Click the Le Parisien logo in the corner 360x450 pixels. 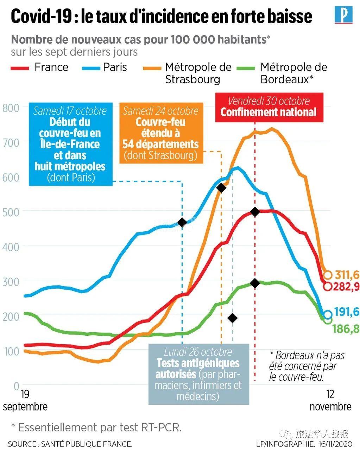[343, 15]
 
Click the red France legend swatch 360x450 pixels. [20, 67]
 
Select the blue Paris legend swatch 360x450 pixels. [91, 67]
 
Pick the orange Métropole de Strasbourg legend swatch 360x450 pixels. [152, 67]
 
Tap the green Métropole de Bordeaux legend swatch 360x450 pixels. [246, 67]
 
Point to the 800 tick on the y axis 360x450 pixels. [11, 108]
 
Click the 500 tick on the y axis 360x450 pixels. [11, 212]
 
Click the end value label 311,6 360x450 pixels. [347, 274]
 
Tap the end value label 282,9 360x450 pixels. [347, 286]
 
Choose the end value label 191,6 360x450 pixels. [347, 312]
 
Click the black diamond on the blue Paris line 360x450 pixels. [182, 222]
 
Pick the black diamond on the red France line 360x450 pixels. [255, 212]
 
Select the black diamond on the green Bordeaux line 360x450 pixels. [255, 283]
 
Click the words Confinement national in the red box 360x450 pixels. [269, 112]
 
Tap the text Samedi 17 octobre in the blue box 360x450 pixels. [70, 111]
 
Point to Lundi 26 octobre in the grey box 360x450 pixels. [198, 352]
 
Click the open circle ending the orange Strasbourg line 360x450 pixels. [328, 275]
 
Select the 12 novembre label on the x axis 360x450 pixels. [330, 400]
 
